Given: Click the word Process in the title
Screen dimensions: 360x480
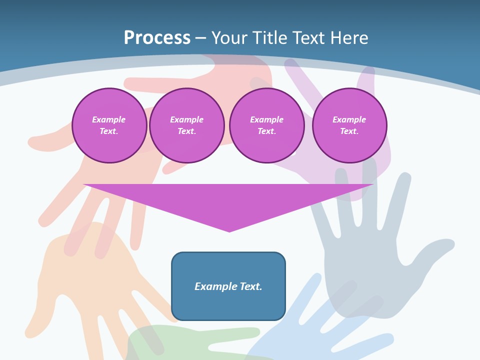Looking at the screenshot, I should click(x=157, y=38).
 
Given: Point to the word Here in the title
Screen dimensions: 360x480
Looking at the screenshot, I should click(x=348, y=38).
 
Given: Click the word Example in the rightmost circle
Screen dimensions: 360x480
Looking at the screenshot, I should click(x=349, y=119).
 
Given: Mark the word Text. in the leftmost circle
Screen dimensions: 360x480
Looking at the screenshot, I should click(x=109, y=131).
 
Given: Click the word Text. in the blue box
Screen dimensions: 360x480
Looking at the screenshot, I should click(x=251, y=286).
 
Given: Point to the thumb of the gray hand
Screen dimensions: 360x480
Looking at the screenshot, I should click(x=435, y=247).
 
